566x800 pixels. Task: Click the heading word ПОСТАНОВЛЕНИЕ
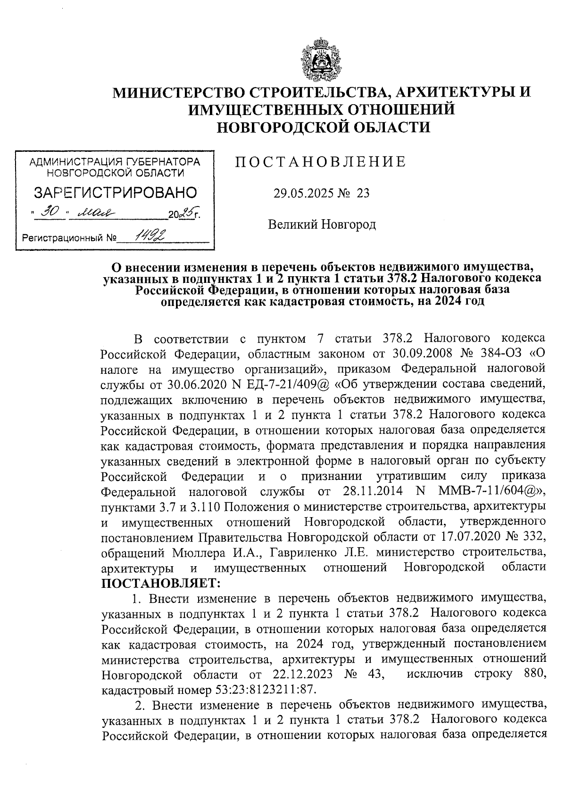coord(320,162)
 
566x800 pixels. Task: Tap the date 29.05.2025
coord(304,193)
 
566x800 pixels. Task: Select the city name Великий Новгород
coord(322,224)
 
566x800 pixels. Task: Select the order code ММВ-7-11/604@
coord(487,492)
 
